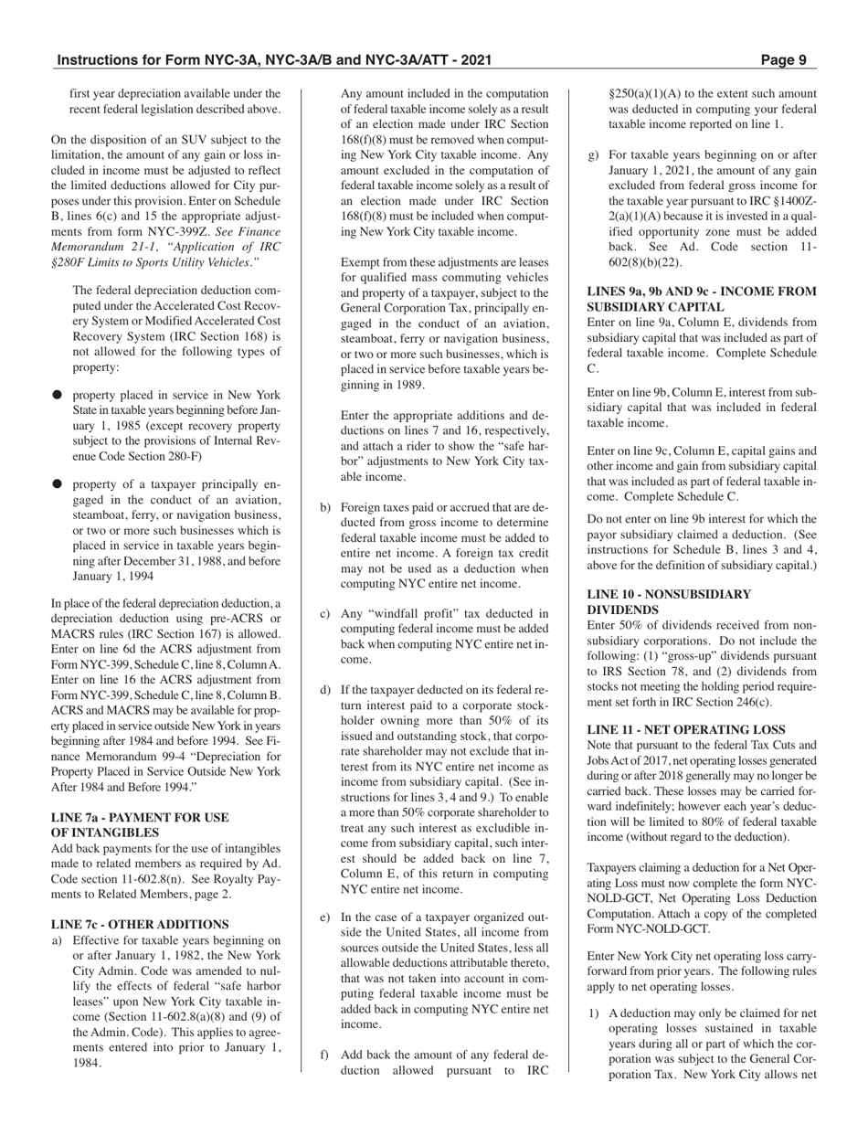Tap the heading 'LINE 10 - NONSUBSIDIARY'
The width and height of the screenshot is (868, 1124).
pos(668,594)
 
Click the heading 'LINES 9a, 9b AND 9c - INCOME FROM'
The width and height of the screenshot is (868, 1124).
pos(701,292)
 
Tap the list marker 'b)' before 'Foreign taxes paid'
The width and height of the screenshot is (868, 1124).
pos(325,506)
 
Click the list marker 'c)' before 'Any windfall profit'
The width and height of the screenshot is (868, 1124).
pos(325,613)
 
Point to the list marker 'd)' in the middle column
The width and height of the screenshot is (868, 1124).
pos(325,689)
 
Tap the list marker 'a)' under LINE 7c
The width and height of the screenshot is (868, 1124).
pos(57,940)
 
